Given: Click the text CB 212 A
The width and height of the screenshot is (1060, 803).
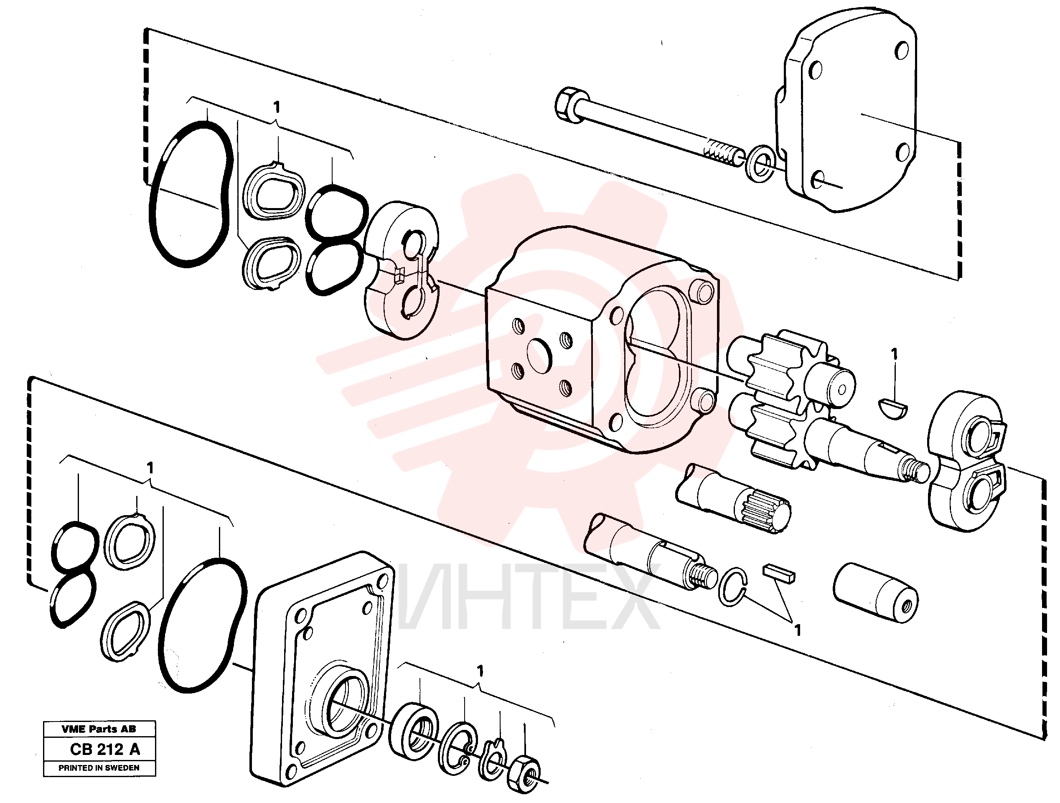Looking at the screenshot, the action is [105, 749].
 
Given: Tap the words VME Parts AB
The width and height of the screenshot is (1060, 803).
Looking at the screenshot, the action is [99, 729].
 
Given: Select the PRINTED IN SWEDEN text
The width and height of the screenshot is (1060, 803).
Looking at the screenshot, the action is [99, 767].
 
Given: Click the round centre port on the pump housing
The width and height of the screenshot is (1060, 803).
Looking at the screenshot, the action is [539, 356].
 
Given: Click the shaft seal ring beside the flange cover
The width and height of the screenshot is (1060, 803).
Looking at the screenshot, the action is [414, 731].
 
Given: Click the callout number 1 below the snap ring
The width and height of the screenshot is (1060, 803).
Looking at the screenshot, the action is [797, 630].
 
